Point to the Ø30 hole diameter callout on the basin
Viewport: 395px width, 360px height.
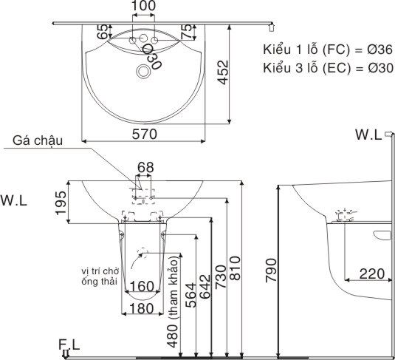(151, 57)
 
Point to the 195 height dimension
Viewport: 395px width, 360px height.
(63, 200)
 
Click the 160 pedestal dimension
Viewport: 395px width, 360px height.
(142, 286)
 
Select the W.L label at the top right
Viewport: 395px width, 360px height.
(368, 135)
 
